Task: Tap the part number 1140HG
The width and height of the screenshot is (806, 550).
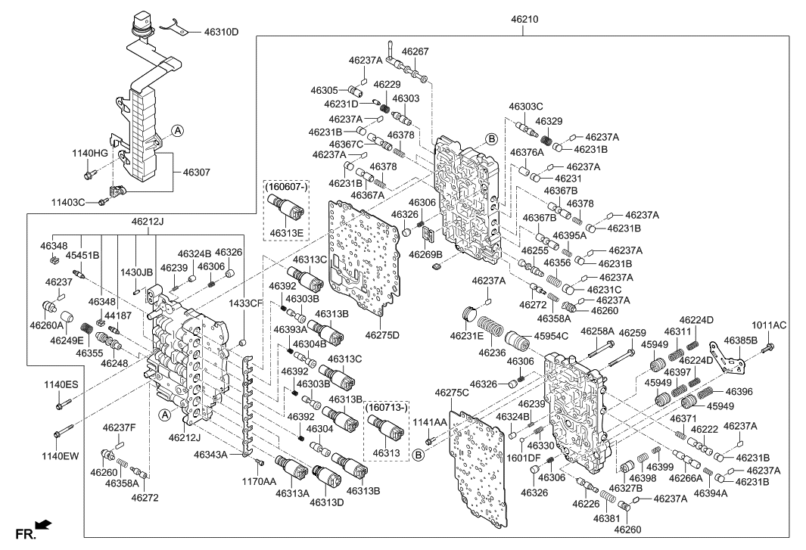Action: pos(90,154)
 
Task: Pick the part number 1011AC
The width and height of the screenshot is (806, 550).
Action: pos(769,326)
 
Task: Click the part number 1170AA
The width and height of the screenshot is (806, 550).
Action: pos(258,481)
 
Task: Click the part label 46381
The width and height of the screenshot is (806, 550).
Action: pos(607,519)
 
